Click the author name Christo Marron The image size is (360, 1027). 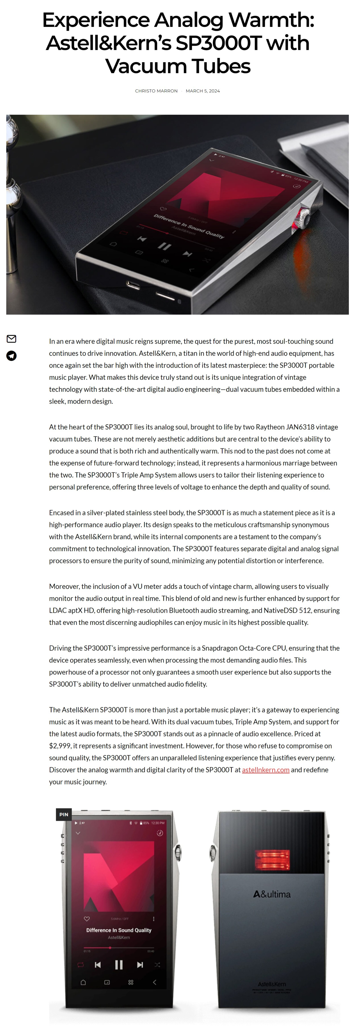click(156, 91)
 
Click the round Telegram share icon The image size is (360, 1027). click(12, 356)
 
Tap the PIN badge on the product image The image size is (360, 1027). click(64, 814)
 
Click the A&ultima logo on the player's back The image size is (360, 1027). click(272, 894)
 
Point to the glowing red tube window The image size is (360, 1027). click(272, 860)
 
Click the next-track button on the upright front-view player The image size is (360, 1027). click(140, 965)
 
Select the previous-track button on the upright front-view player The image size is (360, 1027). click(98, 965)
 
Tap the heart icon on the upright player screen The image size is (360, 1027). click(87, 919)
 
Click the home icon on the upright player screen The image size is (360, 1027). click(83, 982)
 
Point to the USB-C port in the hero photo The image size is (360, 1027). click(133, 285)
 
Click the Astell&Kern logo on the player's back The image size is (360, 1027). click(272, 984)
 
